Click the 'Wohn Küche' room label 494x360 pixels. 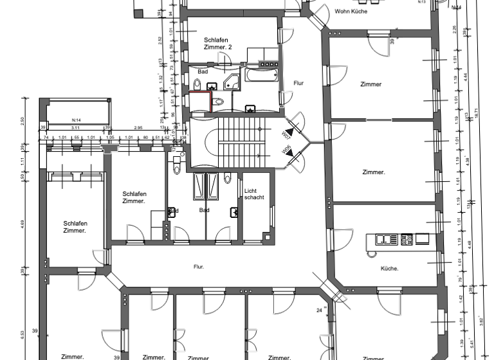351,11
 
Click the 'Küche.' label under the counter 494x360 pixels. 389,268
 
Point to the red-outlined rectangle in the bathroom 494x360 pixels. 200,102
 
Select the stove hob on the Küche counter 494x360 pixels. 406,240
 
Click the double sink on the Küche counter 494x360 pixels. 387,240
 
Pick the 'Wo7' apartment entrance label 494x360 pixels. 286,134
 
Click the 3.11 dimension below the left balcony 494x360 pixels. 75,129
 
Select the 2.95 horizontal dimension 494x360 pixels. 138,129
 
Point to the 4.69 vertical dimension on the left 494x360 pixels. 22,224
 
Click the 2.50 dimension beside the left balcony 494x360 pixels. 22,120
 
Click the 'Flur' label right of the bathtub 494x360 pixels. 298,84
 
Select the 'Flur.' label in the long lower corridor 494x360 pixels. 199,266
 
